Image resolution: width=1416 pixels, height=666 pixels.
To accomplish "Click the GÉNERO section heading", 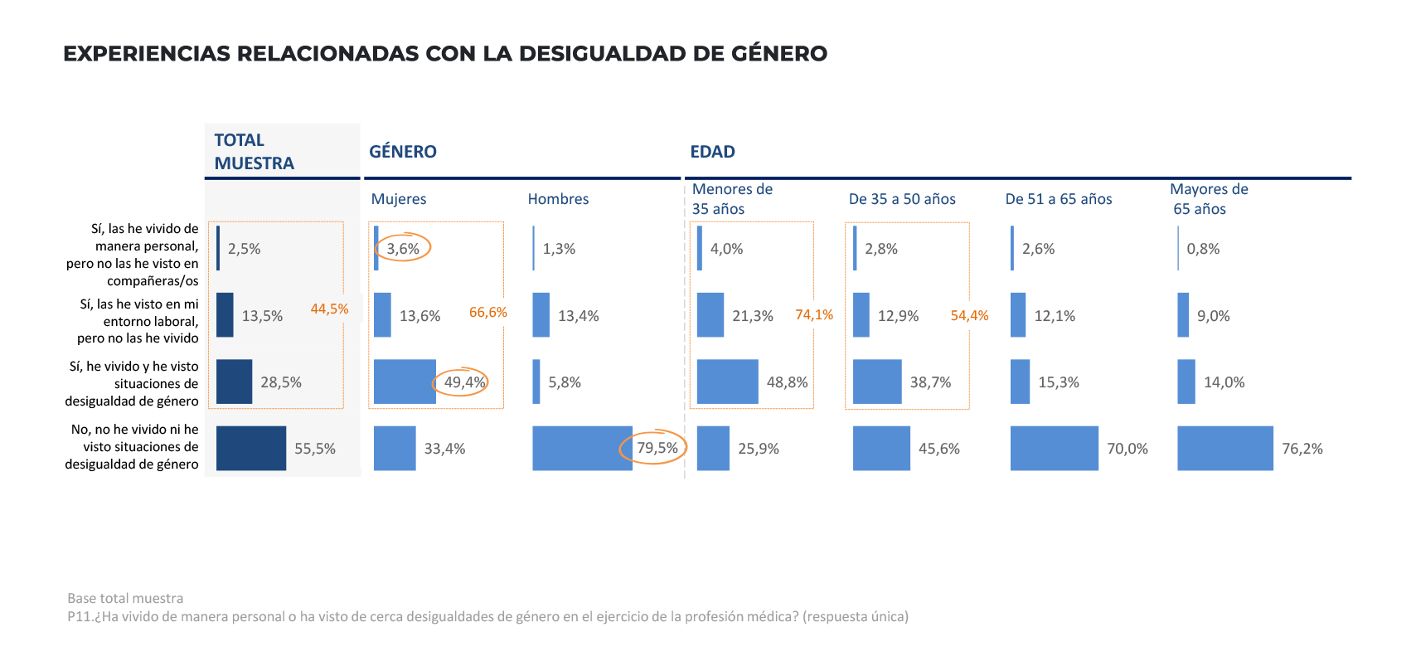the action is [x=403, y=152].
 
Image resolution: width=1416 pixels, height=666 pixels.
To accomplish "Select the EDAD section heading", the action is [x=712, y=152].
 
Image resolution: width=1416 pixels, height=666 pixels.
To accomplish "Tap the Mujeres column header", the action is [x=398, y=199].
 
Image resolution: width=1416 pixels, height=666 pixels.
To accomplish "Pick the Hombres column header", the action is [x=558, y=199].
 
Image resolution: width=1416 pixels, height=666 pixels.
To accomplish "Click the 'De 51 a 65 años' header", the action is [x=1058, y=199].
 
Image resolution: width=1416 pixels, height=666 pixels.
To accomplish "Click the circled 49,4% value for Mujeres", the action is [x=464, y=382].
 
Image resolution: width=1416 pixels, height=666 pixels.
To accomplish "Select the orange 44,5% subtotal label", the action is [x=329, y=309].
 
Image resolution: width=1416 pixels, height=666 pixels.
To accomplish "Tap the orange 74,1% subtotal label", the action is [x=814, y=315].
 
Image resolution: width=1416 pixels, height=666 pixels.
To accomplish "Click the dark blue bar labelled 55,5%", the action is [x=251, y=449].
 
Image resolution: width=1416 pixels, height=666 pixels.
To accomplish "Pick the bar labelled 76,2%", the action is [x=1225, y=449].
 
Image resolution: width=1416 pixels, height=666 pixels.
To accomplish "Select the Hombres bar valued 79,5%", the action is [x=582, y=449].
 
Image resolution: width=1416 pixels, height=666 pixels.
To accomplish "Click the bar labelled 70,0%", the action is [x=1055, y=449].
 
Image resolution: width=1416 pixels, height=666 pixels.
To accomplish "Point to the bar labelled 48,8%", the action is [x=728, y=382].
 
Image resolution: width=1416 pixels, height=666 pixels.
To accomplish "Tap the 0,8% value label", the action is [x=1203, y=249].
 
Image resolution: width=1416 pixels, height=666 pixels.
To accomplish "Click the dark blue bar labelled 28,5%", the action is [x=234, y=382].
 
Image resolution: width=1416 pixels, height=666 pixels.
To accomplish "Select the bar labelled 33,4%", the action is [x=395, y=449].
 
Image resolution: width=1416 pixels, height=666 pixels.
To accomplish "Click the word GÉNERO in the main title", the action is [x=778, y=54].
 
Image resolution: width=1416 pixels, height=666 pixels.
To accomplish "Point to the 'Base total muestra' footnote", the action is [x=125, y=598].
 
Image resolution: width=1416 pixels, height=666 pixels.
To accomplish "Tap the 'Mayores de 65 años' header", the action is [x=1209, y=199].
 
